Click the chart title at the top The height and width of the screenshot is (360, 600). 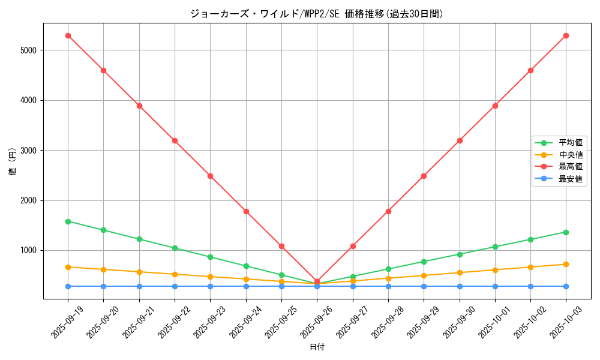[x=317, y=14]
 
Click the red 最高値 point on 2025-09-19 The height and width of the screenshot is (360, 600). [x=68, y=35]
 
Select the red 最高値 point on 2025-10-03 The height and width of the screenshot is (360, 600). [x=566, y=35]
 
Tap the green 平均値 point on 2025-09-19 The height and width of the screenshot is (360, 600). [x=68, y=221]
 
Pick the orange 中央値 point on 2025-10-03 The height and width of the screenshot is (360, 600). [x=566, y=264]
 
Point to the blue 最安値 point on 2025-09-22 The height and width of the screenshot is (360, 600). [x=175, y=286]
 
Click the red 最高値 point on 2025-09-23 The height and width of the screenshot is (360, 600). [x=210, y=176]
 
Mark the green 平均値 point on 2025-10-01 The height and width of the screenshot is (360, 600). [x=495, y=247]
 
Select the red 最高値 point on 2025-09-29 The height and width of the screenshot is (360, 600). [x=424, y=176]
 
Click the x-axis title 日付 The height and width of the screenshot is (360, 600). [x=317, y=347]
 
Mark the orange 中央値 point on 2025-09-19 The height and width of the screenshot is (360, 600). [x=68, y=267]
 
